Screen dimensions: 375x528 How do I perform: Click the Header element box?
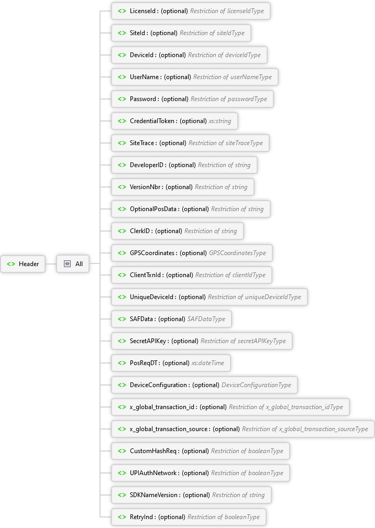tap(23, 263)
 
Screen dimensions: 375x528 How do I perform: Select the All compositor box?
tap(73, 263)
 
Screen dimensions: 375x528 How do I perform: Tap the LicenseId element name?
tap(143, 11)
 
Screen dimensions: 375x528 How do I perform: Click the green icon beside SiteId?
tap(122, 33)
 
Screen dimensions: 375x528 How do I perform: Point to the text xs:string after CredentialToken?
tap(220, 121)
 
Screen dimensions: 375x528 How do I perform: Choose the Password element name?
tap(143, 99)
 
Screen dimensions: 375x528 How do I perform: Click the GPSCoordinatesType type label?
tap(237, 253)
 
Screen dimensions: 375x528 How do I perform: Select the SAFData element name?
tap(141, 319)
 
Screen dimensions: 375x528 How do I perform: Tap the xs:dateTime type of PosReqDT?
tap(208, 363)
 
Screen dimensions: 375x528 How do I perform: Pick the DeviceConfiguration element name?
tap(158, 385)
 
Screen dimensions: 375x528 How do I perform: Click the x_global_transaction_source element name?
tap(168, 429)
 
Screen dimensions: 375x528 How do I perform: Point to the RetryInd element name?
tap(141, 517)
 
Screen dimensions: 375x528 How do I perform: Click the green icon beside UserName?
tap(122, 77)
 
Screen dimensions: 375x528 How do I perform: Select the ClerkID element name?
tap(140, 231)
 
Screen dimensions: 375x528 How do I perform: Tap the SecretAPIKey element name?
tap(148, 341)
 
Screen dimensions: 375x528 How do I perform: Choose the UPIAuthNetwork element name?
tap(153, 473)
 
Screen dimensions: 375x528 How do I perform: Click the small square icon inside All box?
tap(68, 263)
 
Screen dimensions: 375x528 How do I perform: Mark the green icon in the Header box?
tap(11, 264)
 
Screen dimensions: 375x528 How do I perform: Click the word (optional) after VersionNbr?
tap(179, 187)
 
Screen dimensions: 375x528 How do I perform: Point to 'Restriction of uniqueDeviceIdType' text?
tap(255, 297)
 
